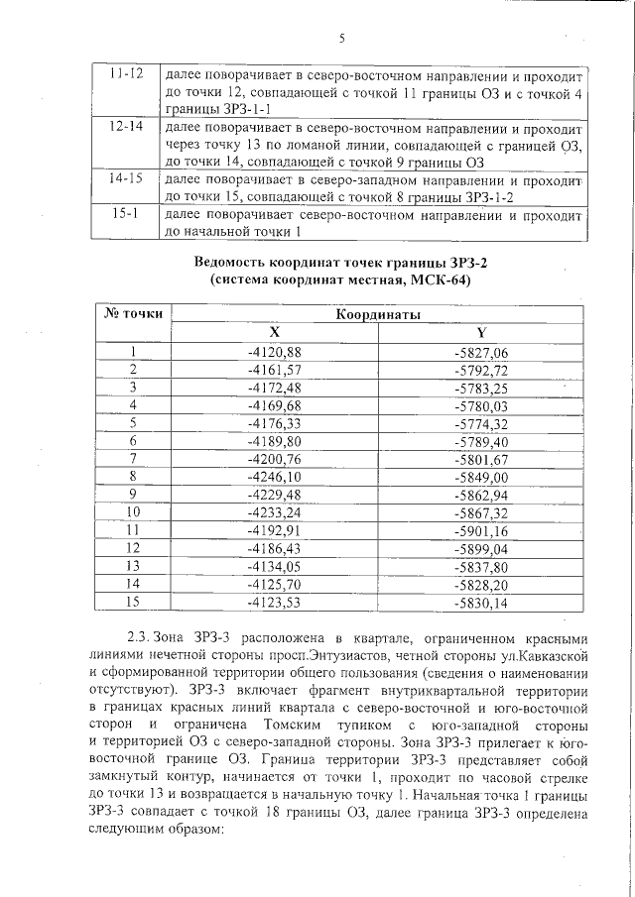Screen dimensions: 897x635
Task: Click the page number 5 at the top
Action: coord(340,40)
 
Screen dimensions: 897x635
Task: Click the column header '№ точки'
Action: coord(133,313)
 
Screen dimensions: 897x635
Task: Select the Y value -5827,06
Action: coord(480,353)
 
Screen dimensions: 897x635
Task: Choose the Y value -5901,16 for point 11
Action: coord(480,530)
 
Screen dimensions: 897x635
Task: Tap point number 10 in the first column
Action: coord(132,512)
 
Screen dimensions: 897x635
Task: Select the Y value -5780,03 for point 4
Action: coord(480,405)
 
